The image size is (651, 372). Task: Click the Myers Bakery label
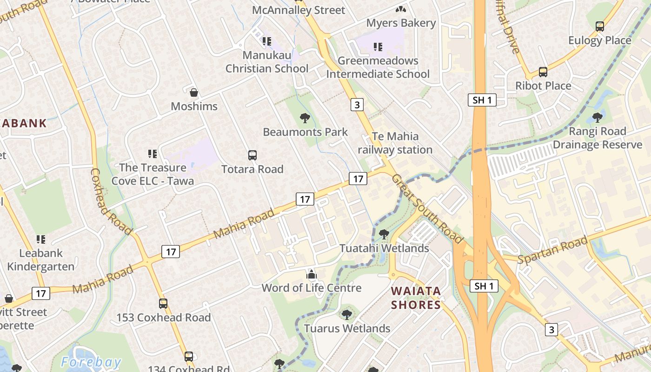401,23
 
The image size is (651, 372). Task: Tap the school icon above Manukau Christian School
266,41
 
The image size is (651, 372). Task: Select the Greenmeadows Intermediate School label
378,67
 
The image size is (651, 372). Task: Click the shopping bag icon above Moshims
194,92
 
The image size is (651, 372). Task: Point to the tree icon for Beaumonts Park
305,118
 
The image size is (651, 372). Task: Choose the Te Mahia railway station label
395,143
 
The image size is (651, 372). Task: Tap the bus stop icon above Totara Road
252,155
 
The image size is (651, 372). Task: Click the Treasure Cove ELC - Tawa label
153,174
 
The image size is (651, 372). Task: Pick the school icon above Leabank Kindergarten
41,239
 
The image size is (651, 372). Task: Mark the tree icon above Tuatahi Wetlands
384,234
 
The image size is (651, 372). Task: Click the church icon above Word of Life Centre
312,274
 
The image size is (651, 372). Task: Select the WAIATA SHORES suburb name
416,298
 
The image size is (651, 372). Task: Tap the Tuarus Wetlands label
347,328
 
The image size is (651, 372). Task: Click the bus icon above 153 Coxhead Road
163,304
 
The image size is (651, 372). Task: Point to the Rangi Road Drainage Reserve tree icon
598,117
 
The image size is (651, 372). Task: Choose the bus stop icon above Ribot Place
543,72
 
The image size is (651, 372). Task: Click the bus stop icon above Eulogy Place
600,27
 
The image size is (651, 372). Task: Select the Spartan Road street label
552,250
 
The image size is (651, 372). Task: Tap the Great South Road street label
427,209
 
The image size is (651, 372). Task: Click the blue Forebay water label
91,362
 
